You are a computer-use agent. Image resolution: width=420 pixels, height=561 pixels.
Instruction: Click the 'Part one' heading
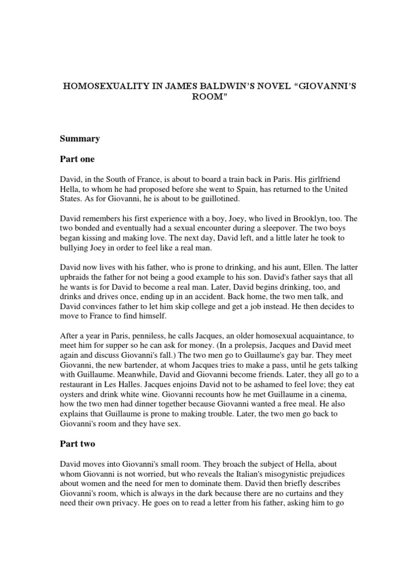[x=77, y=159]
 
